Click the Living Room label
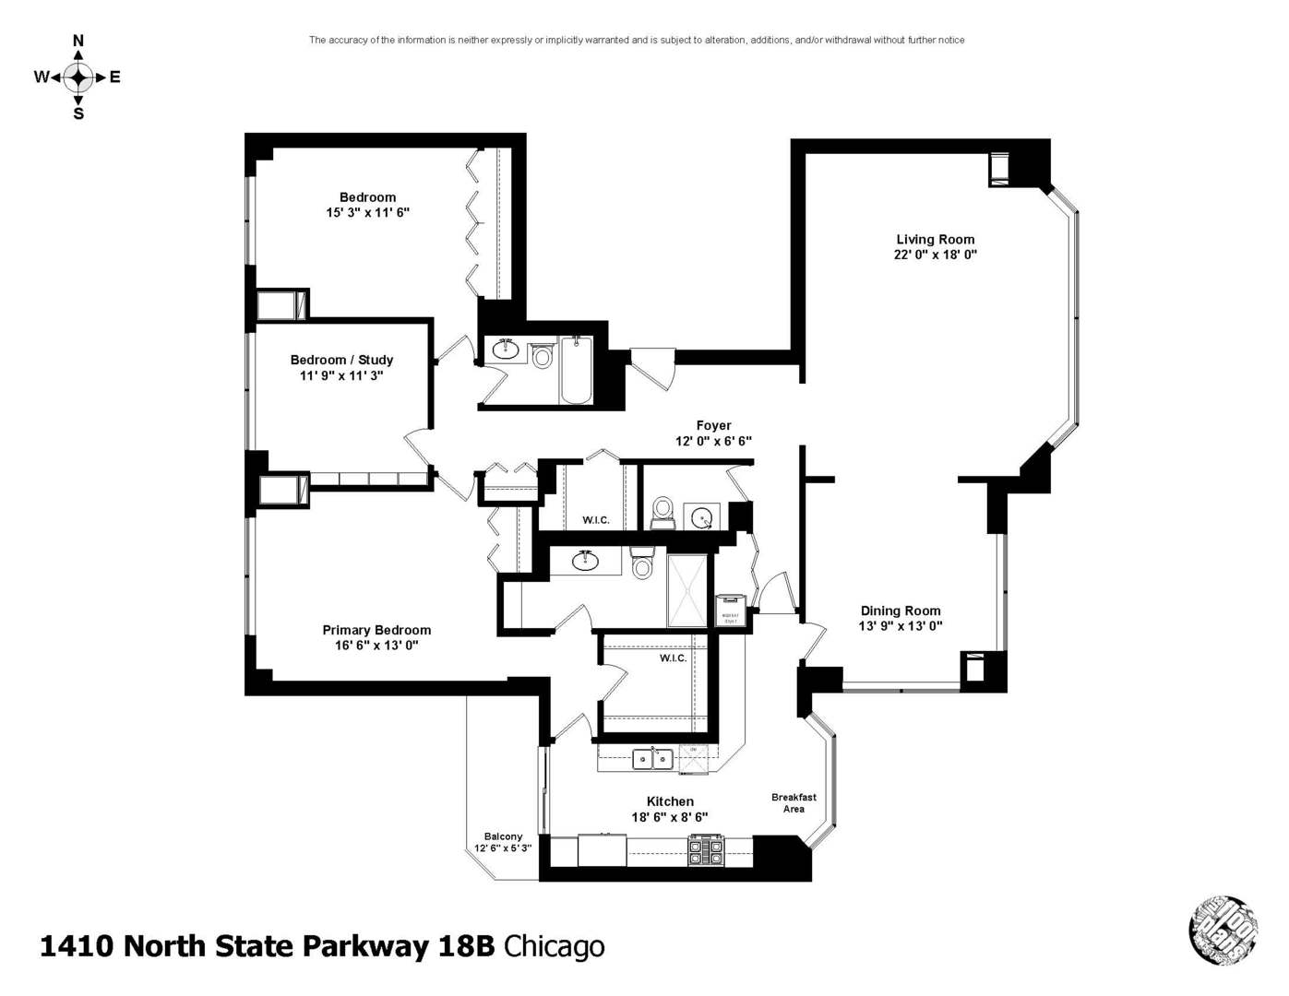pos(935,240)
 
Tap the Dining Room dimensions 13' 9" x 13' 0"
pos(900,626)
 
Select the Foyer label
pos(713,426)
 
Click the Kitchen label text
pos(670,801)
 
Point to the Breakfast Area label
pos(794,803)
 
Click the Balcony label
pos(503,836)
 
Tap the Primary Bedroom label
pos(376,630)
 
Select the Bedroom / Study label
pos(341,360)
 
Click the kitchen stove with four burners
pos(706,849)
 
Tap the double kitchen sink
pos(652,759)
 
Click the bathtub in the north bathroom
pos(576,371)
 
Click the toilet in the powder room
pos(662,511)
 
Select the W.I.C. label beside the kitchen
pos(673,658)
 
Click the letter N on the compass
pos(78,41)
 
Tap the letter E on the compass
pos(115,77)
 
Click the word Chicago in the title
pos(554,946)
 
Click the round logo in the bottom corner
pos(1223,930)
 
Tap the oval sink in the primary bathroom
pos(585,560)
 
